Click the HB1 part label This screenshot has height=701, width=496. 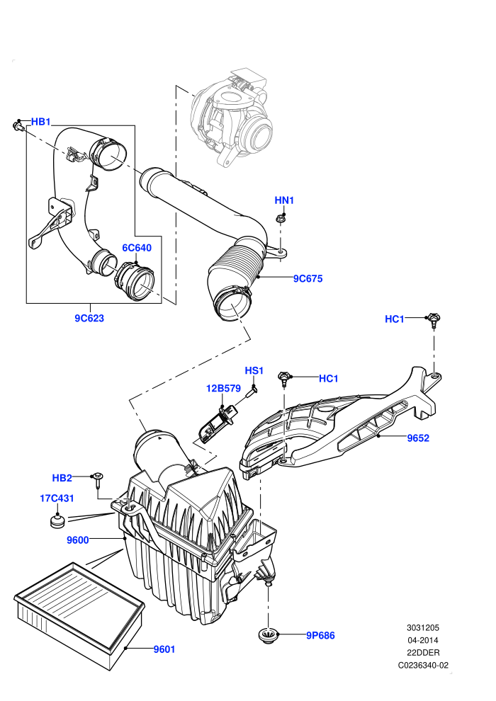40,122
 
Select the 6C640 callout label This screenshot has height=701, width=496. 137,248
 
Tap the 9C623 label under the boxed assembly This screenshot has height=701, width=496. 89,318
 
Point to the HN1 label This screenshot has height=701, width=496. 284,200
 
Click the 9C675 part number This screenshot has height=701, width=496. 308,278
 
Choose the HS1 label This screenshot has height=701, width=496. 254,370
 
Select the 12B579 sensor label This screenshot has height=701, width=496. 223,389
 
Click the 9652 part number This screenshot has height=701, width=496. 418,438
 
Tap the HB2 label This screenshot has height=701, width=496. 62,478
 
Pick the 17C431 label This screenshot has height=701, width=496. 57,498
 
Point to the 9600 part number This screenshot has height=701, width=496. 78,540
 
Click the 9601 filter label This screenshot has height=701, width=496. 164,649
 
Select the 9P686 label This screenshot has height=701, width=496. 320,635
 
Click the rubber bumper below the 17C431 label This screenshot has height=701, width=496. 57,521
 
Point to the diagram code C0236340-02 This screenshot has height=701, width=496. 423,665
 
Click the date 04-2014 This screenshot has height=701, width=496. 422,640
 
